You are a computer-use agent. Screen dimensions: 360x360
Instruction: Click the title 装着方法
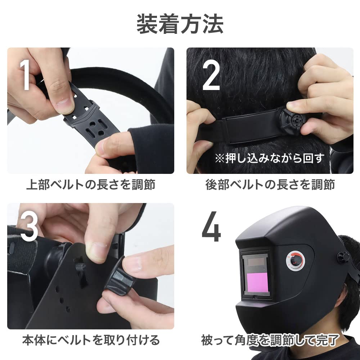pyautogui.click(x=180, y=24)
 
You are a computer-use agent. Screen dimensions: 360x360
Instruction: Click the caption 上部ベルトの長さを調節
pyautogui.click(x=90, y=185)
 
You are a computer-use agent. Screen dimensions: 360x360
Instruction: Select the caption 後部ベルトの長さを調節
pyautogui.click(x=270, y=185)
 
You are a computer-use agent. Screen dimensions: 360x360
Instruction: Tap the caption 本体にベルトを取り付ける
pyautogui.click(x=91, y=339)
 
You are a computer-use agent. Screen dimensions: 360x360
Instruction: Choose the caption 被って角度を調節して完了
pyautogui.click(x=270, y=339)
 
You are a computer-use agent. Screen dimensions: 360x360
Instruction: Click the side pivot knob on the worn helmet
pyautogui.click(x=343, y=257)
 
